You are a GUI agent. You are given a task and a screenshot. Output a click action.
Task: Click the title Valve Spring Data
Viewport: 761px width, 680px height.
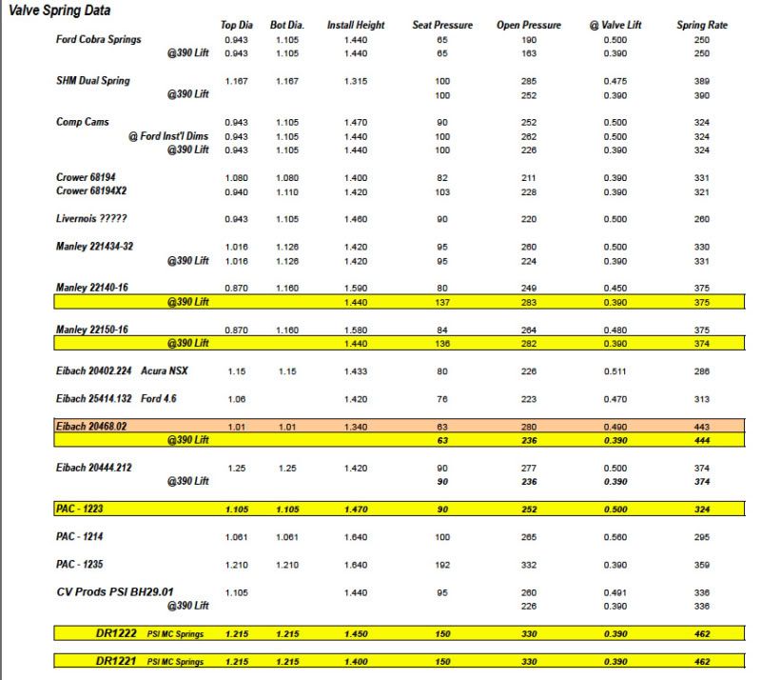(x=59, y=10)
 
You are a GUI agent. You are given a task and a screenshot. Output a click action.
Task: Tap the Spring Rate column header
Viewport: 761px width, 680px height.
(x=702, y=25)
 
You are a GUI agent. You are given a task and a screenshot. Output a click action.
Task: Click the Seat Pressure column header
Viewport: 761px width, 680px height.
(x=442, y=25)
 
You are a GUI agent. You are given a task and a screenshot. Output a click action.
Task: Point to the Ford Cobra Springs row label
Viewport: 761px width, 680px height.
(x=99, y=39)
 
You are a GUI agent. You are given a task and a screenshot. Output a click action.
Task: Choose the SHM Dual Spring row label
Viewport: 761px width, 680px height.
(x=93, y=81)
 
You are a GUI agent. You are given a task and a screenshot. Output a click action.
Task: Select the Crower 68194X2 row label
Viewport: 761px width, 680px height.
(x=93, y=190)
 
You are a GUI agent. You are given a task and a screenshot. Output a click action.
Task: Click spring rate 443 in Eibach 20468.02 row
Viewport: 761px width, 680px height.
(x=702, y=427)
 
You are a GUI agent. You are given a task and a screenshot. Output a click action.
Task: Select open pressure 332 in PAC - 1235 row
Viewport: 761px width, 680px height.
(x=529, y=565)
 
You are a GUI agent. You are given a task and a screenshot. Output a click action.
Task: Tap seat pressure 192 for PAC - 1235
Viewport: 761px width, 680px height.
(x=442, y=565)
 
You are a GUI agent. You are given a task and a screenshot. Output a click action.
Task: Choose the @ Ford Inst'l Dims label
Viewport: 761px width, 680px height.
(x=168, y=136)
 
